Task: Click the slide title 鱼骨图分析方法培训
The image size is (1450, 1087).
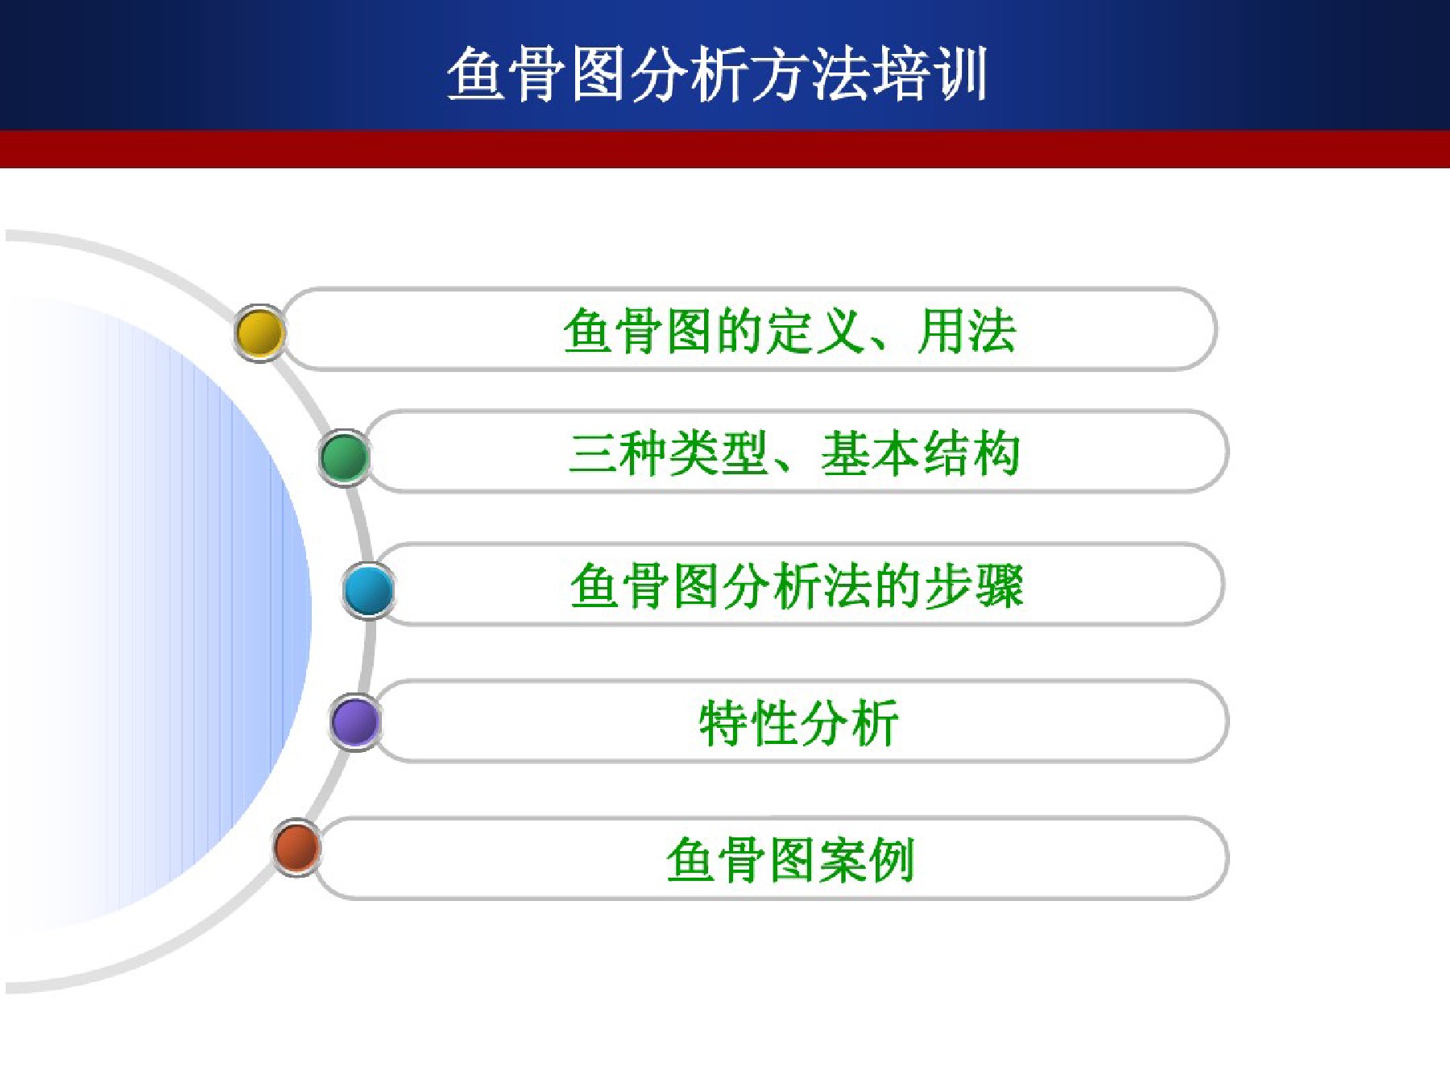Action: tap(717, 74)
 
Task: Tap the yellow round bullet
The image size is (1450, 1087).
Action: tap(259, 333)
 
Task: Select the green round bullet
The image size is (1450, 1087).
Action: tap(345, 457)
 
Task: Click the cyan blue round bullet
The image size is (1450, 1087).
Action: tap(368, 589)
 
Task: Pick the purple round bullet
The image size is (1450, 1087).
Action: tap(355, 721)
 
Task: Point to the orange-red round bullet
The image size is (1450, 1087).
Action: tap(296, 847)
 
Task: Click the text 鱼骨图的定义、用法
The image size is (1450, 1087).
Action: tap(789, 331)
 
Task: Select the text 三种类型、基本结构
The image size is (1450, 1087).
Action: tap(794, 453)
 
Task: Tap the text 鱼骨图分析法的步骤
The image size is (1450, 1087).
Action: tap(797, 585)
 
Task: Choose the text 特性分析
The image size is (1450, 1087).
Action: tap(798, 723)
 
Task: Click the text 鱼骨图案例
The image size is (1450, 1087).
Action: tap(790, 860)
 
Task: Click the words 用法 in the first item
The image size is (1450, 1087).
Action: tap(967, 331)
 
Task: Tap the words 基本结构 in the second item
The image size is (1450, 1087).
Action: tap(921, 453)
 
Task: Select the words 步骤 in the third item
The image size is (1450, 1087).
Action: tap(974, 585)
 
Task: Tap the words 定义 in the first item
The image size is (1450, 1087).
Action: tap(815, 331)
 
